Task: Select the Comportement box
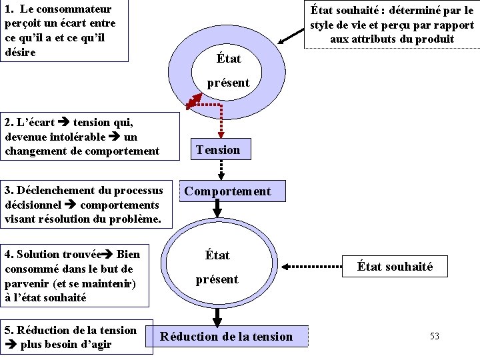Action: click(x=227, y=191)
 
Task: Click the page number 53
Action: click(x=434, y=336)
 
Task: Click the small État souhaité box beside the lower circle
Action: click(x=395, y=267)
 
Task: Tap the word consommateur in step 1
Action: click(x=73, y=9)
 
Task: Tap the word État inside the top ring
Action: click(x=229, y=59)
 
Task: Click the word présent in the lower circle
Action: click(x=217, y=279)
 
